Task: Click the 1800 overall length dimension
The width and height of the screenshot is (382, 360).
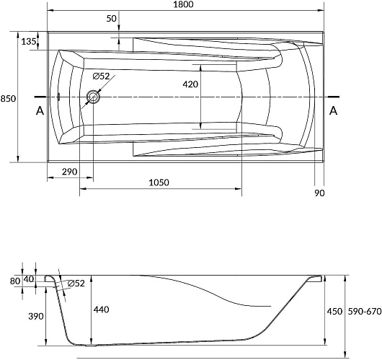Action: coord(184,4)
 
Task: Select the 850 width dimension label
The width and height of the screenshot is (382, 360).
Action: coord(8,99)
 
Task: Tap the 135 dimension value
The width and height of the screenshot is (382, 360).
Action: coord(29,42)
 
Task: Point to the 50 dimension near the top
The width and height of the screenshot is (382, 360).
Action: coord(112,19)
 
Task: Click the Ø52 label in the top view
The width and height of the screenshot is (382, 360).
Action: coord(101,76)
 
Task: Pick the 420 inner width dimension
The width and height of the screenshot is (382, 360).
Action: coord(190,84)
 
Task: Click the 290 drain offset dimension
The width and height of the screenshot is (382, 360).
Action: coord(69,172)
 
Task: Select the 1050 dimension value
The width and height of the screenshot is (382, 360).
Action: coord(159,183)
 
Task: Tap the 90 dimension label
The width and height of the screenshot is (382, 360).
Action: coord(319,193)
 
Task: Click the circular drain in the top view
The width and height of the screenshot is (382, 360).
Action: coord(93,97)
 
